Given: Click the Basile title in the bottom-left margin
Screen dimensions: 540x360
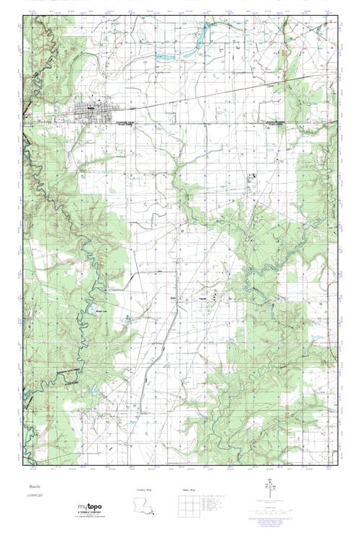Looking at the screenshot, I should [33, 487].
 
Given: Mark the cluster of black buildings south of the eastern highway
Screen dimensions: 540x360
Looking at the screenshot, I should [253, 176].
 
